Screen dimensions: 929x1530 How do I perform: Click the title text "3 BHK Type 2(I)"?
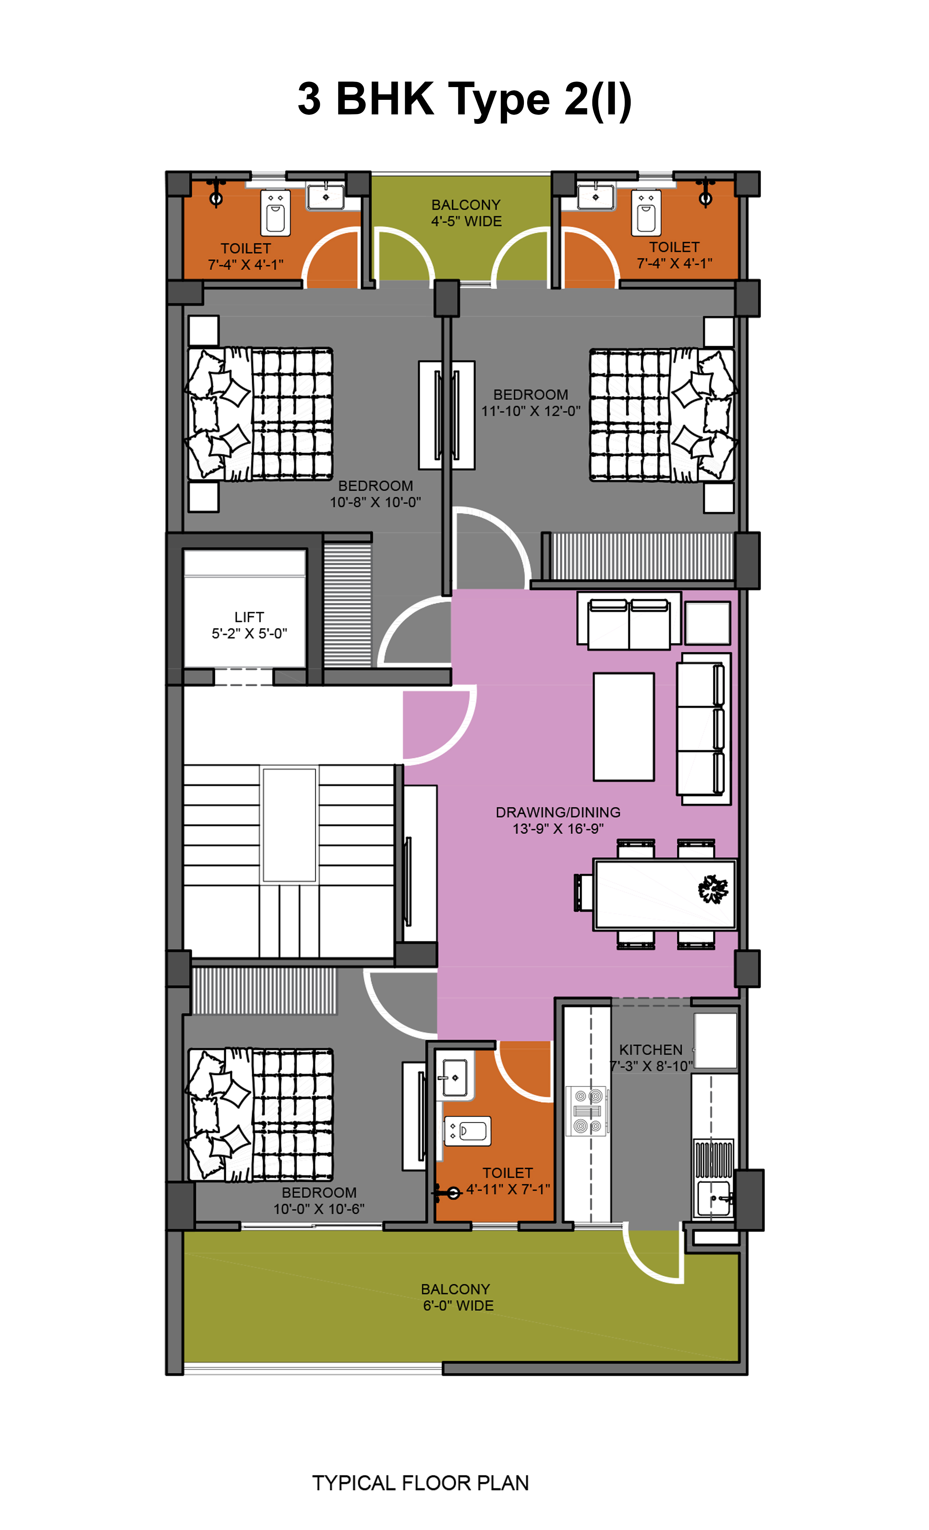464,99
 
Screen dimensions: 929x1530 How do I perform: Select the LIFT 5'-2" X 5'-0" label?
249,625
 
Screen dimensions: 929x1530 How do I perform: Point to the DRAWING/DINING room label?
558,820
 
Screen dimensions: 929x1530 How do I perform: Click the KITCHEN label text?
651,1050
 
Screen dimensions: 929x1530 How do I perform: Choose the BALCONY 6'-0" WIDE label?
458,1298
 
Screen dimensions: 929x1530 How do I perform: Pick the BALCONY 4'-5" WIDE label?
466,213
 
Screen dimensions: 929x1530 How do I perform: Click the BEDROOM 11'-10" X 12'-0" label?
531,403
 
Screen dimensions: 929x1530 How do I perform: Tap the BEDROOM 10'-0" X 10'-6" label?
319,1201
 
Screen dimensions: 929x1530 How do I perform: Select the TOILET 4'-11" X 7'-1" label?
508,1181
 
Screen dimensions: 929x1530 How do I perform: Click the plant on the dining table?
713,889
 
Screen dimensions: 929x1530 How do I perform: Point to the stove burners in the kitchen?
587,1111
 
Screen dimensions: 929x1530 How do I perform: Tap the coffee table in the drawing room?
623,726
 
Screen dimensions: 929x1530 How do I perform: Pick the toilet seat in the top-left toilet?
275,212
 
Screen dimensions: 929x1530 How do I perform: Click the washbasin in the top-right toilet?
596,197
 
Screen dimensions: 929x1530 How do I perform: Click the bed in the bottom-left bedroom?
260,1115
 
